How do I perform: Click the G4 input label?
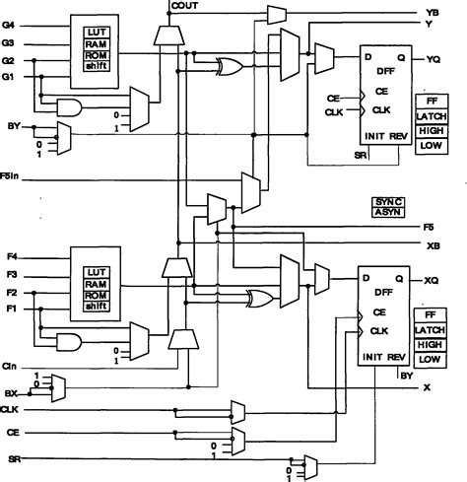point(9,24)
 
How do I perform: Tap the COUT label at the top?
point(184,7)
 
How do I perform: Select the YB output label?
point(431,11)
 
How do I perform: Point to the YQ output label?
point(432,58)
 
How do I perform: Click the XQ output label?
point(431,280)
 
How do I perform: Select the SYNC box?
point(388,201)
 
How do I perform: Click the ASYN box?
point(388,212)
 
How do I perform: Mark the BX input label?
point(10,391)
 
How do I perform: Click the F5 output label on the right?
point(430,226)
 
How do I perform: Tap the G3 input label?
point(9,43)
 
